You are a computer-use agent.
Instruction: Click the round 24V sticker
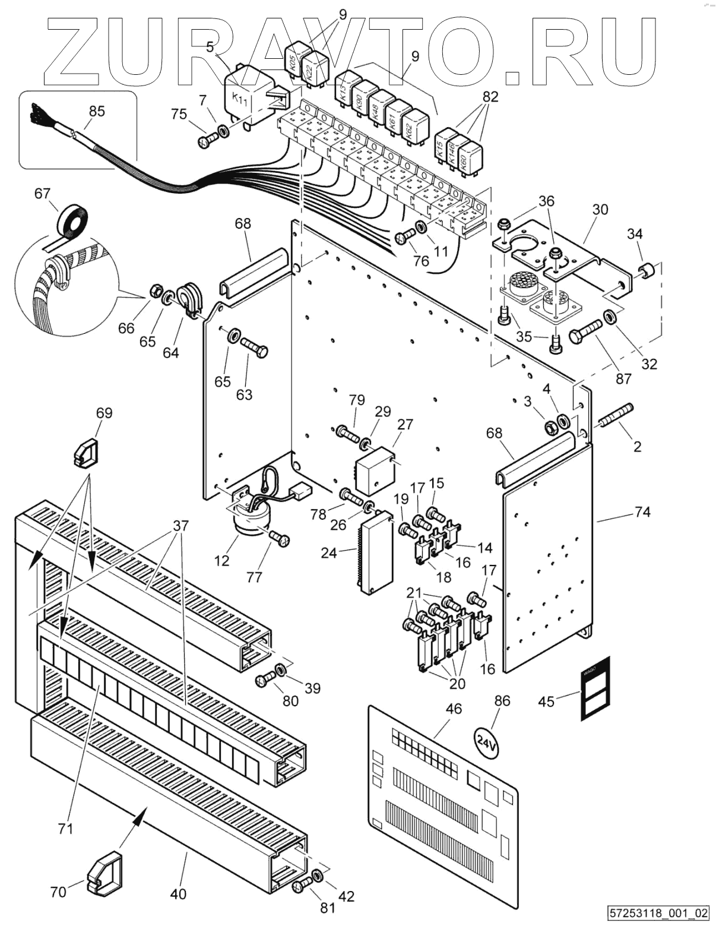(486, 742)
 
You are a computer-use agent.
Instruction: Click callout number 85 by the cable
(96, 111)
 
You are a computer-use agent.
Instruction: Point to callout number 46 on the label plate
(454, 708)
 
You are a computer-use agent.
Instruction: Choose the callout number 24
(329, 553)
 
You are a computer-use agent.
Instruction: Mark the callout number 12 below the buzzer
(222, 560)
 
